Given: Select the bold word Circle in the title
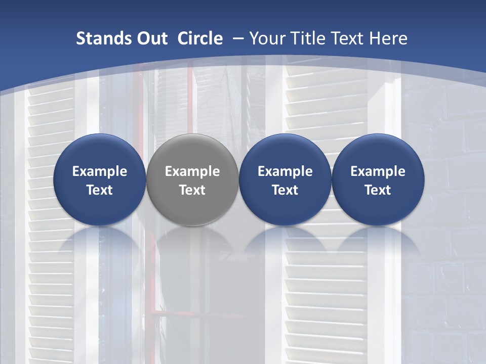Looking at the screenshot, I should [x=200, y=38].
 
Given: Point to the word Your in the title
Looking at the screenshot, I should [x=266, y=38].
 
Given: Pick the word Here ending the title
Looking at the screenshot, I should [x=389, y=38].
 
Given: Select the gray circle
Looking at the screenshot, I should [x=192, y=179].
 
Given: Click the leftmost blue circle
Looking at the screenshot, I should [x=100, y=179].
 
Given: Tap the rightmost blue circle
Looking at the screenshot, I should [x=378, y=179].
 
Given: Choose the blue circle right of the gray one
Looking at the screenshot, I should [x=285, y=179].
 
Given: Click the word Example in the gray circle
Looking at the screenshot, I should [x=192, y=171].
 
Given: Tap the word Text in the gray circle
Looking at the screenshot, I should [x=192, y=190].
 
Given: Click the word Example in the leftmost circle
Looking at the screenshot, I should [x=100, y=171].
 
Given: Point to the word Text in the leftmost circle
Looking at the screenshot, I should [x=100, y=190].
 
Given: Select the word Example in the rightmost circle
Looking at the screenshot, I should [x=378, y=171].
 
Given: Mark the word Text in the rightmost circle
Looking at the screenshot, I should [x=378, y=190].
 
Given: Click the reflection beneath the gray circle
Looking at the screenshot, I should [x=192, y=243].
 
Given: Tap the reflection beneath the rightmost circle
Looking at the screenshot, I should [x=378, y=243].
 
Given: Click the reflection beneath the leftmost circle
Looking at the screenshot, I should [x=100, y=243].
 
